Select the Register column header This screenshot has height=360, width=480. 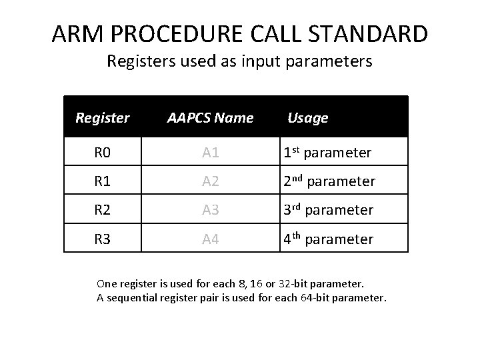tap(102, 118)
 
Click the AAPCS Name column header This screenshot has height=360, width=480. tap(210, 118)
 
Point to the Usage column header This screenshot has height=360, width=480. tap(307, 118)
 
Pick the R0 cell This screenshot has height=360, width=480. tap(102, 153)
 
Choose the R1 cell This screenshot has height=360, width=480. tap(102, 181)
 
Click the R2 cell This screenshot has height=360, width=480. tap(102, 210)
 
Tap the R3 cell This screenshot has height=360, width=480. tap(102, 239)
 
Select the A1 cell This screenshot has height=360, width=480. tap(210, 153)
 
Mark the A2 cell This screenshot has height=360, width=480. tap(210, 181)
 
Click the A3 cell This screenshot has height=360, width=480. tap(210, 210)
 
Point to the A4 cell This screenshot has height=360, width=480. tap(210, 239)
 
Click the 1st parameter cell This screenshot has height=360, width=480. tap(327, 153)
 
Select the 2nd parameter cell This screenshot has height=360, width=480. tap(329, 181)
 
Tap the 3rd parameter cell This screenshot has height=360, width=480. tap(329, 210)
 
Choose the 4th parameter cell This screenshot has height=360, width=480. tap(329, 239)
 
